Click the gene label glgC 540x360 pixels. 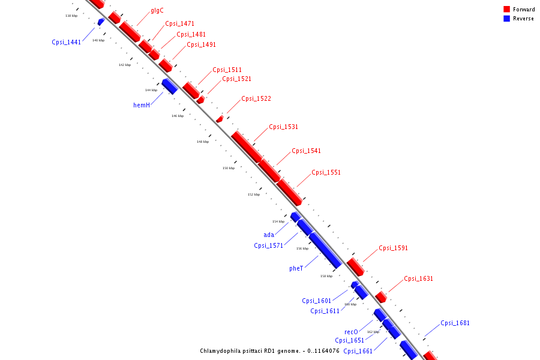coord(157,10)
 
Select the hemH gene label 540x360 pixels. coord(142,105)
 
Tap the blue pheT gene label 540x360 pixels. coord(296,268)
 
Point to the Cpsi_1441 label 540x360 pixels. coord(66,42)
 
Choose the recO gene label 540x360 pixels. coord(351,332)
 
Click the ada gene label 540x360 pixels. coord(269,235)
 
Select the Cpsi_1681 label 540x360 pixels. coord(455,323)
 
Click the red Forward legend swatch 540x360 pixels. coord(507,10)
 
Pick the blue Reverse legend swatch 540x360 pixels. coord(507,19)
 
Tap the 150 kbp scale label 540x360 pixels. coord(229,168)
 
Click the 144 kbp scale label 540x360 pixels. coord(151,90)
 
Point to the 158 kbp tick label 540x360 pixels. coord(326,276)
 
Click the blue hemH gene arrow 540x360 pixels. coord(169,86)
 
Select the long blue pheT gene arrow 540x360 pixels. coord(325,250)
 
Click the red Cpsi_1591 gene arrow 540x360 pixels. coord(355,267)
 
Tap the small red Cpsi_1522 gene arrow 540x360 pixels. coord(220,119)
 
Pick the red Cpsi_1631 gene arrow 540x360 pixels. coord(381,297)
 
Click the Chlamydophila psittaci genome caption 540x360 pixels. coord(270,351)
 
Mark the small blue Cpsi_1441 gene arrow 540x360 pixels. coord(101,22)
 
